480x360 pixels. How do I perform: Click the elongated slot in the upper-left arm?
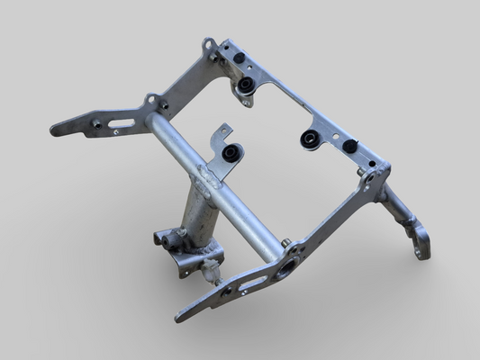[122, 124]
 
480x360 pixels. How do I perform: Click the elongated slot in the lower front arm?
[253, 284]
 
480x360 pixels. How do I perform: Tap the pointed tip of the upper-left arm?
[54, 130]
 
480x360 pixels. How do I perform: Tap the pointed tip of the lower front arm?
[178, 318]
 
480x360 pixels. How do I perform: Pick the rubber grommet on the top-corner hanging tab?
[245, 86]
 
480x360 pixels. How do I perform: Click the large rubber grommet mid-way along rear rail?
[309, 139]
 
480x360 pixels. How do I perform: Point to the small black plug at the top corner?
[240, 58]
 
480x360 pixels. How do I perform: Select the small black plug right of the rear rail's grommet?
[349, 146]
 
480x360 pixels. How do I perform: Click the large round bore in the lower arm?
[287, 266]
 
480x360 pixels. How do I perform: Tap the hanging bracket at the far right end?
[415, 236]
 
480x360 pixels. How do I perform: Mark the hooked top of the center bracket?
[222, 131]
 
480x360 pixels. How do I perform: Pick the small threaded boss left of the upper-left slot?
[95, 122]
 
